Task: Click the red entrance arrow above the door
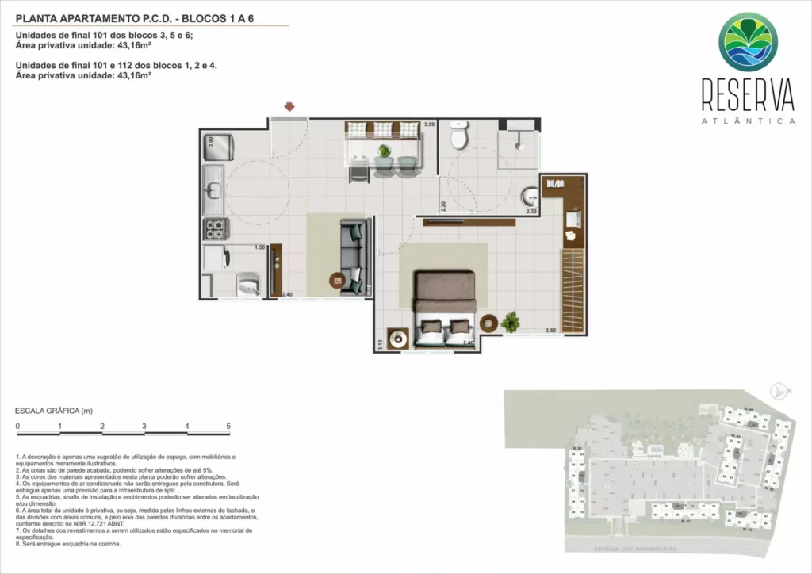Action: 290,106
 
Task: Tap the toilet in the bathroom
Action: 459,136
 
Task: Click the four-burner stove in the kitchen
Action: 216,230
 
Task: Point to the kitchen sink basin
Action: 213,190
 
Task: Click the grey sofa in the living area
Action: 352,255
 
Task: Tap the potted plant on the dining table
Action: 385,151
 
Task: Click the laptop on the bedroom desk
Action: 572,217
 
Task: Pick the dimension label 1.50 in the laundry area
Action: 259,247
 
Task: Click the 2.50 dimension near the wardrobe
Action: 550,330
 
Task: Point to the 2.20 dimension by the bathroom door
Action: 444,208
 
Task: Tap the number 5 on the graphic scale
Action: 228,427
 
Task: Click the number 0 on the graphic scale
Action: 17,427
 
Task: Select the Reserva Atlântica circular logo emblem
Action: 748,42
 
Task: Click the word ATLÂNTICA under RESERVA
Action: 748,121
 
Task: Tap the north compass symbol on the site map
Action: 777,389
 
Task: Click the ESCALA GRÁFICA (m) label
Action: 54,411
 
